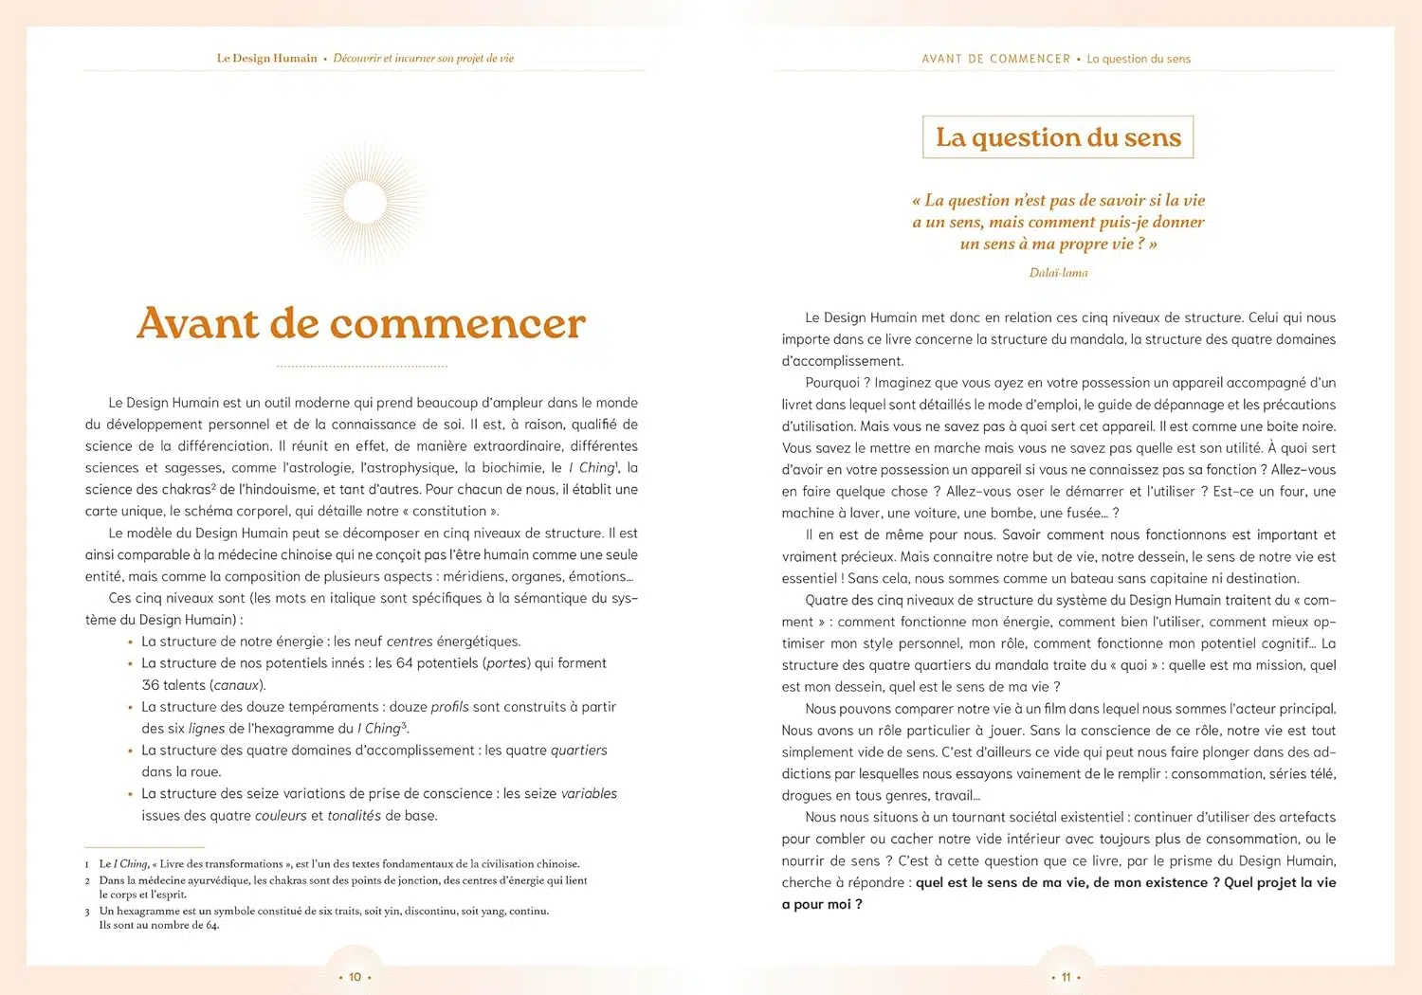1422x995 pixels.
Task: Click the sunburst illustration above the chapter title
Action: click(364, 203)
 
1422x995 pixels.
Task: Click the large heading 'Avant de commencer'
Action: click(361, 324)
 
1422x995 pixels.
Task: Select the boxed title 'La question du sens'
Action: click(1058, 137)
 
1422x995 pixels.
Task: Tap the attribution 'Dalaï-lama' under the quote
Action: click(1058, 273)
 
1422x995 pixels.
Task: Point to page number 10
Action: click(355, 977)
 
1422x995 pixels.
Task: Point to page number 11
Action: click(1066, 977)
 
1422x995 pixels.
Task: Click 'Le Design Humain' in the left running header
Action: click(266, 59)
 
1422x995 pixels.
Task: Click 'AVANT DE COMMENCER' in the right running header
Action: click(995, 59)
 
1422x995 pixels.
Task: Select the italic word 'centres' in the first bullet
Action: click(410, 642)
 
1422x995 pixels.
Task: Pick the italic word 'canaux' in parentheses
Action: click(237, 685)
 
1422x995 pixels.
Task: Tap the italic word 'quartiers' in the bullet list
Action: click(578, 751)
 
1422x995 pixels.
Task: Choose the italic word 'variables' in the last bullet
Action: click(589, 794)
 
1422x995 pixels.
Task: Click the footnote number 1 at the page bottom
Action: click(87, 864)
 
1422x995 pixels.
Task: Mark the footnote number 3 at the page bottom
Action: click(87, 912)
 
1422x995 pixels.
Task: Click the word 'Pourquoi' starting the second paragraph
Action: click(832, 383)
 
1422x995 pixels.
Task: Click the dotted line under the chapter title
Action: click(361, 366)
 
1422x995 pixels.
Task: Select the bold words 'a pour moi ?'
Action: click(822, 905)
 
